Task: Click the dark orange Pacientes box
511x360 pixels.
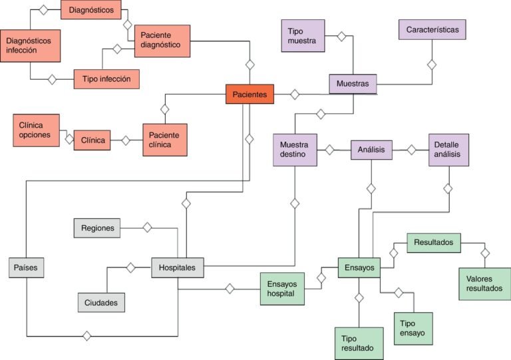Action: tap(250, 94)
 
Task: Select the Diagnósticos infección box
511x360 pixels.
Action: tap(30, 45)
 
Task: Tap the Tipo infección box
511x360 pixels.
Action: tap(106, 79)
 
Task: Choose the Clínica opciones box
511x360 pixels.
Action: tap(36, 130)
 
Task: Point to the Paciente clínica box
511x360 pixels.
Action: tap(165, 140)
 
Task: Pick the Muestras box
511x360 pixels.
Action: tap(353, 84)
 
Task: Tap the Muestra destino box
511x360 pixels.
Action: tap(293, 150)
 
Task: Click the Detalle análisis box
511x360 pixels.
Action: tap(448, 150)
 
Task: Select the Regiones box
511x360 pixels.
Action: tap(97, 228)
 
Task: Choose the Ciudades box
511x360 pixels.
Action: tap(101, 303)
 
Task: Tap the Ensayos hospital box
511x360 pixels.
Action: tap(281, 288)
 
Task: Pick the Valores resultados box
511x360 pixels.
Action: tap(484, 283)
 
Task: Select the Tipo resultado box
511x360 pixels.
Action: tap(358, 343)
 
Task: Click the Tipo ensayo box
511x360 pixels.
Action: tap(413, 328)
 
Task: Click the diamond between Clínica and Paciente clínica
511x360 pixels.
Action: tap(125, 140)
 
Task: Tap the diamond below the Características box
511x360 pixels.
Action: tap(432, 65)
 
